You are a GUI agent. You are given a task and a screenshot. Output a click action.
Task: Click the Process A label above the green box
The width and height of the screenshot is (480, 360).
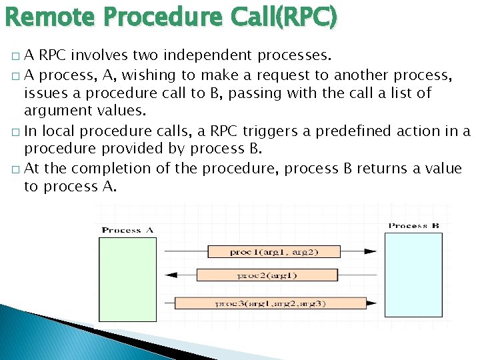coord(127,231)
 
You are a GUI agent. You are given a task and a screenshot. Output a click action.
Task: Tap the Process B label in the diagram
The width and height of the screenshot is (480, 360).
coord(413,226)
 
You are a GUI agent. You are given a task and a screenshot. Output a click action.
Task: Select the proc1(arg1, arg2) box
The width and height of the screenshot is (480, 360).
coord(273,252)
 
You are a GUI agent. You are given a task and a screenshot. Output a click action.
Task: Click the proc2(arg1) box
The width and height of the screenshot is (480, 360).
coord(267,275)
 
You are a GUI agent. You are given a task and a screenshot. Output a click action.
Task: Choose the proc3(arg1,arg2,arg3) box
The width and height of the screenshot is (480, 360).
coord(270,303)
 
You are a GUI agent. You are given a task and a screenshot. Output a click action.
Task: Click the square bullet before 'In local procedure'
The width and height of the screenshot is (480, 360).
coord(15,132)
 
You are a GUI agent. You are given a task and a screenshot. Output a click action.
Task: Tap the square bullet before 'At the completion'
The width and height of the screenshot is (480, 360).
coord(15,169)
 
